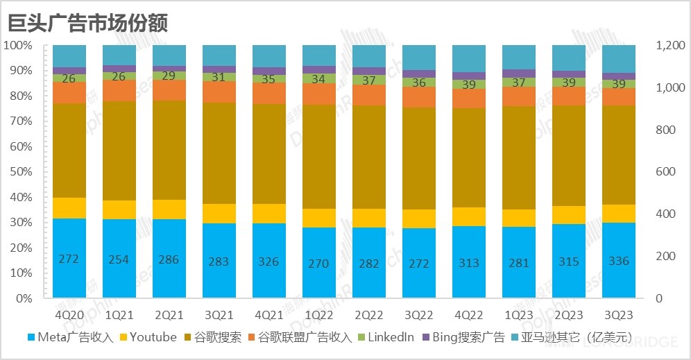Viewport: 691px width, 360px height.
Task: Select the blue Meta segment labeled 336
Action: pos(618,261)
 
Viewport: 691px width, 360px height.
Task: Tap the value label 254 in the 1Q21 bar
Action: pos(119,259)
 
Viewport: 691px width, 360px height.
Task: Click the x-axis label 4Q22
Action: pos(469,314)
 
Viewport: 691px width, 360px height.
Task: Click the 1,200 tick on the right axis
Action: pos(669,46)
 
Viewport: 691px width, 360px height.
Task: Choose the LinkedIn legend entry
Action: pos(385,338)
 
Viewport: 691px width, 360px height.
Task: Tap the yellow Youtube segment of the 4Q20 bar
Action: pos(69,207)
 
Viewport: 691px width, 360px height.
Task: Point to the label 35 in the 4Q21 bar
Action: pos(268,79)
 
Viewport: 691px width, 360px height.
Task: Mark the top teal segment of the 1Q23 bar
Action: pos(519,57)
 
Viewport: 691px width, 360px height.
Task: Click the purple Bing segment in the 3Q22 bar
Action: pos(419,74)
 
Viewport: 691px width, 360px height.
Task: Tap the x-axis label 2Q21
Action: pos(169,314)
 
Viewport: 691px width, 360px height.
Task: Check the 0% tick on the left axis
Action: pos(22,298)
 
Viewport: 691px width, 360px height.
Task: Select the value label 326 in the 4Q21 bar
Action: pos(268,262)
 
